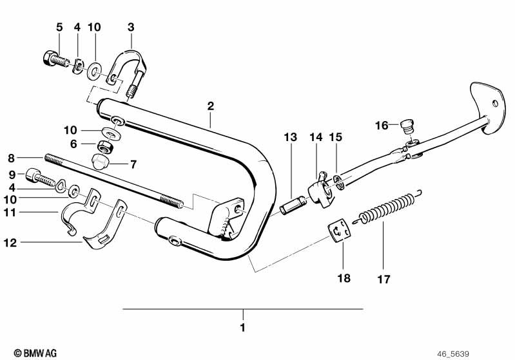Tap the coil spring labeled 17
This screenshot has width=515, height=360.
(x=387, y=207)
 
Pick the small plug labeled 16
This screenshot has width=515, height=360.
(x=407, y=127)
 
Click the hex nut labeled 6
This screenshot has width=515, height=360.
(x=106, y=147)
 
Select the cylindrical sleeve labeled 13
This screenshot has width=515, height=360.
(x=293, y=205)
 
